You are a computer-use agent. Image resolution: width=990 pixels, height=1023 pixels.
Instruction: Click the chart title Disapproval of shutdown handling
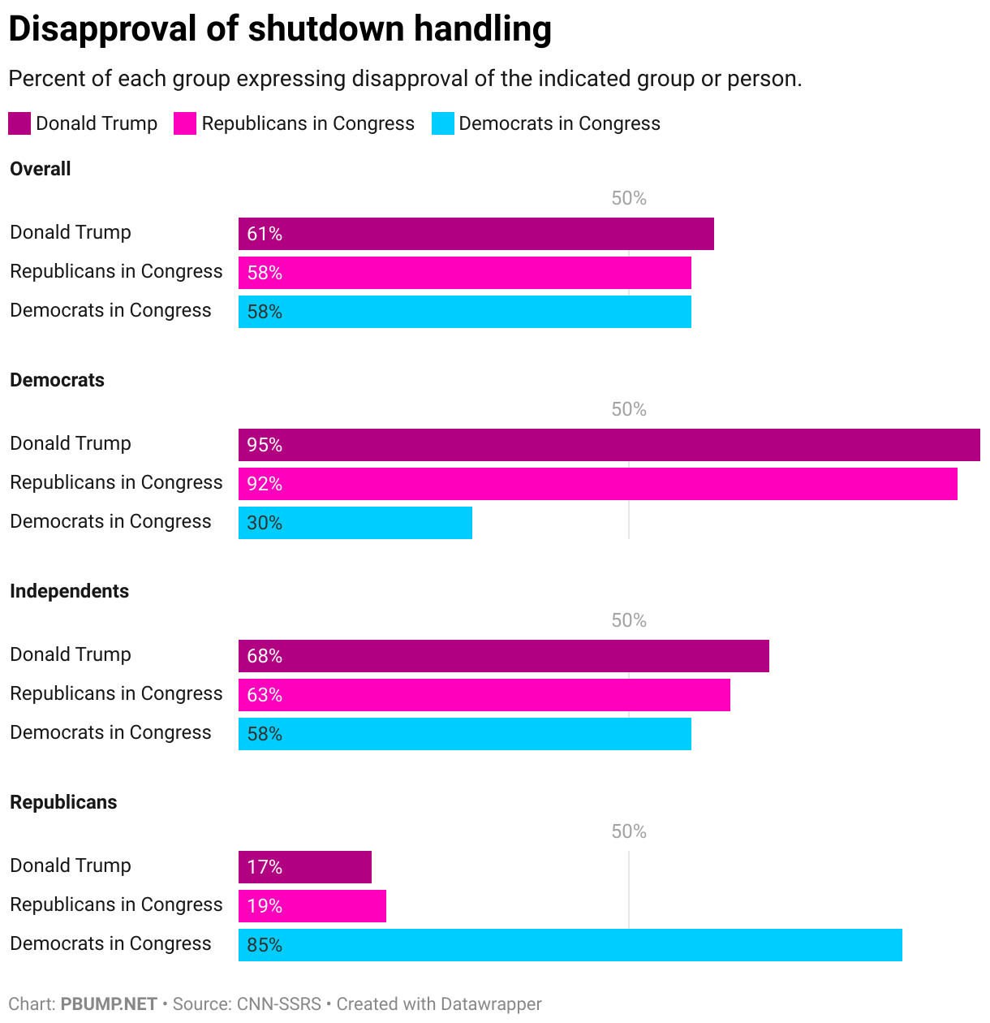[280, 29]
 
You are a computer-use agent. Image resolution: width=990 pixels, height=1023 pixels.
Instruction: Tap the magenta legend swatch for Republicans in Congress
[185, 123]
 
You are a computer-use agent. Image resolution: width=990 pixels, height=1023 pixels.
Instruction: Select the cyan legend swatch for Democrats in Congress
[442, 123]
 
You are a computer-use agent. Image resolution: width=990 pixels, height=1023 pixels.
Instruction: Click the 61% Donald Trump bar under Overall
[476, 234]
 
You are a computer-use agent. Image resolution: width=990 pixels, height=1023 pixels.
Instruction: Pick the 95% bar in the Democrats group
[609, 445]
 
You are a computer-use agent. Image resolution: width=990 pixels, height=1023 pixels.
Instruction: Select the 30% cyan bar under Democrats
[355, 523]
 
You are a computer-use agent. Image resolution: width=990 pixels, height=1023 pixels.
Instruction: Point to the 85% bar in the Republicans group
[570, 945]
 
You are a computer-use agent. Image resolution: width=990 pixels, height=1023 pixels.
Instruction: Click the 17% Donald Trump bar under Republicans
[304, 867]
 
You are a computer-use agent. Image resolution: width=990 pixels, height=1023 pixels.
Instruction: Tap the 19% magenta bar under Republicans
[312, 906]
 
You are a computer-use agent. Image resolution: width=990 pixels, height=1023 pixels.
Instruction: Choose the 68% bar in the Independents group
[503, 656]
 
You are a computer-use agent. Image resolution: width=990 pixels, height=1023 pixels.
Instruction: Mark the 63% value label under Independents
[265, 695]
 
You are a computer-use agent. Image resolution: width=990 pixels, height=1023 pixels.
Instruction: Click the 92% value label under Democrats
[265, 484]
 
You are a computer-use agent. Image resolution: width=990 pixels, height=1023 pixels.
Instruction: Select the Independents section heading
[69, 591]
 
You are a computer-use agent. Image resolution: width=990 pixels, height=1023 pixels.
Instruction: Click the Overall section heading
[41, 169]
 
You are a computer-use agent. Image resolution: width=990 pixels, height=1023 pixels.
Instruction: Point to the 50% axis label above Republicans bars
[628, 831]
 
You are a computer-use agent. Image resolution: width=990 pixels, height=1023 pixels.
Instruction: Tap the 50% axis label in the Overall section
[628, 198]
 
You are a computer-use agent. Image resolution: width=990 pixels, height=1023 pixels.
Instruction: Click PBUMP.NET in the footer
[109, 1004]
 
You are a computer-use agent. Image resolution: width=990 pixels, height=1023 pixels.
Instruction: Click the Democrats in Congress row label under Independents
[110, 732]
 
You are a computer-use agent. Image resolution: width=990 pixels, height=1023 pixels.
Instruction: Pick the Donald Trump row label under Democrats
[71, 443]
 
